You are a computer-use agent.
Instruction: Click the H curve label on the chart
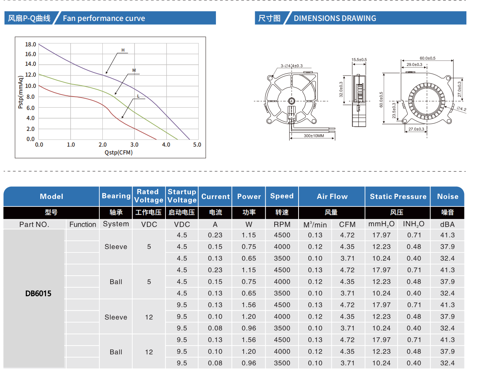[x=123, y=50]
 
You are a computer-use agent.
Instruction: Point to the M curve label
[x=134, y=70]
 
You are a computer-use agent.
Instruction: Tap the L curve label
[x=138, y=96]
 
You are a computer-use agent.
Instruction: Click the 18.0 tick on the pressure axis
[x=31, y=45]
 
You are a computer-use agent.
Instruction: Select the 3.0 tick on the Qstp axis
[x=134, y=145]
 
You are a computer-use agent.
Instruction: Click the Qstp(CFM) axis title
[x=118, y=153]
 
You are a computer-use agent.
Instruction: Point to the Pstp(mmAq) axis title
[x=21, y=92]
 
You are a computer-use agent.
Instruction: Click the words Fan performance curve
[x=104, y=18]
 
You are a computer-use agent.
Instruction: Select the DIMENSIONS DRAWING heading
[x=335, y=18]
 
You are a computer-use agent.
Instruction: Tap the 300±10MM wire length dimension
[x=313, y=136]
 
